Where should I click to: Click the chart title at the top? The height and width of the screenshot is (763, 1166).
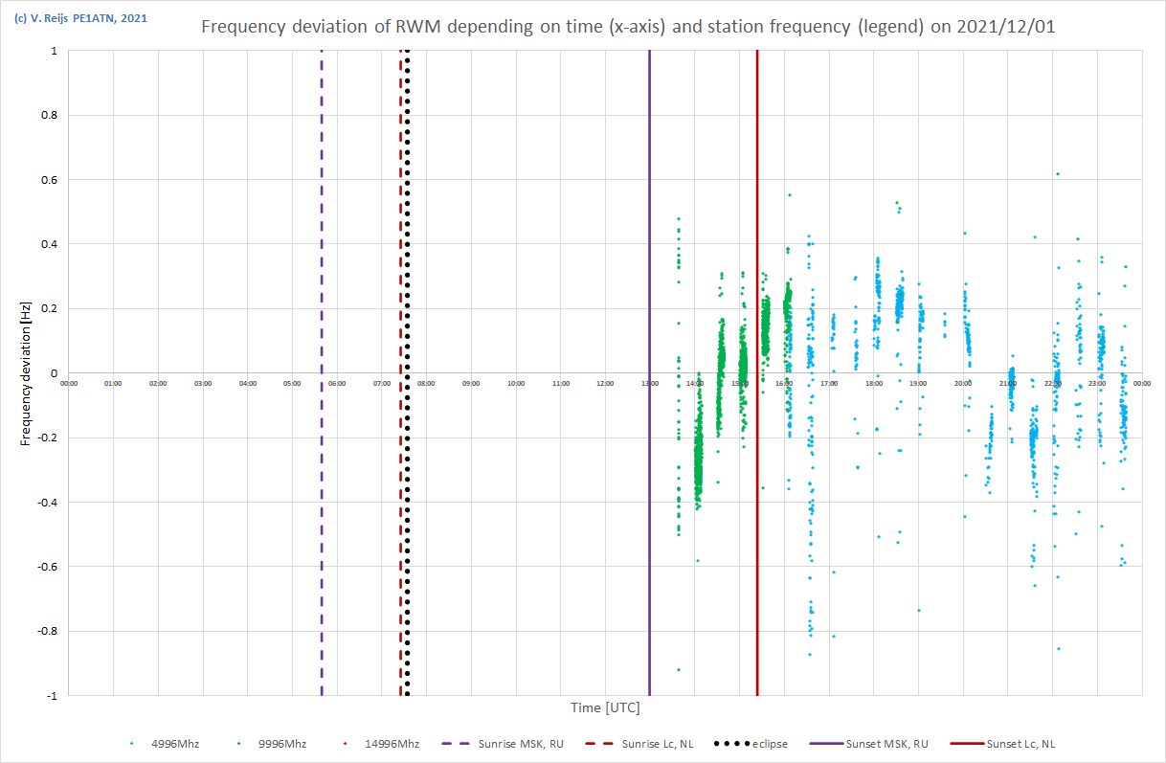627,26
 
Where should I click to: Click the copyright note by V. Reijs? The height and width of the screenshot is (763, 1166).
80,17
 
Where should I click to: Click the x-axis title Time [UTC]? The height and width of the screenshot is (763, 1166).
605,708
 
